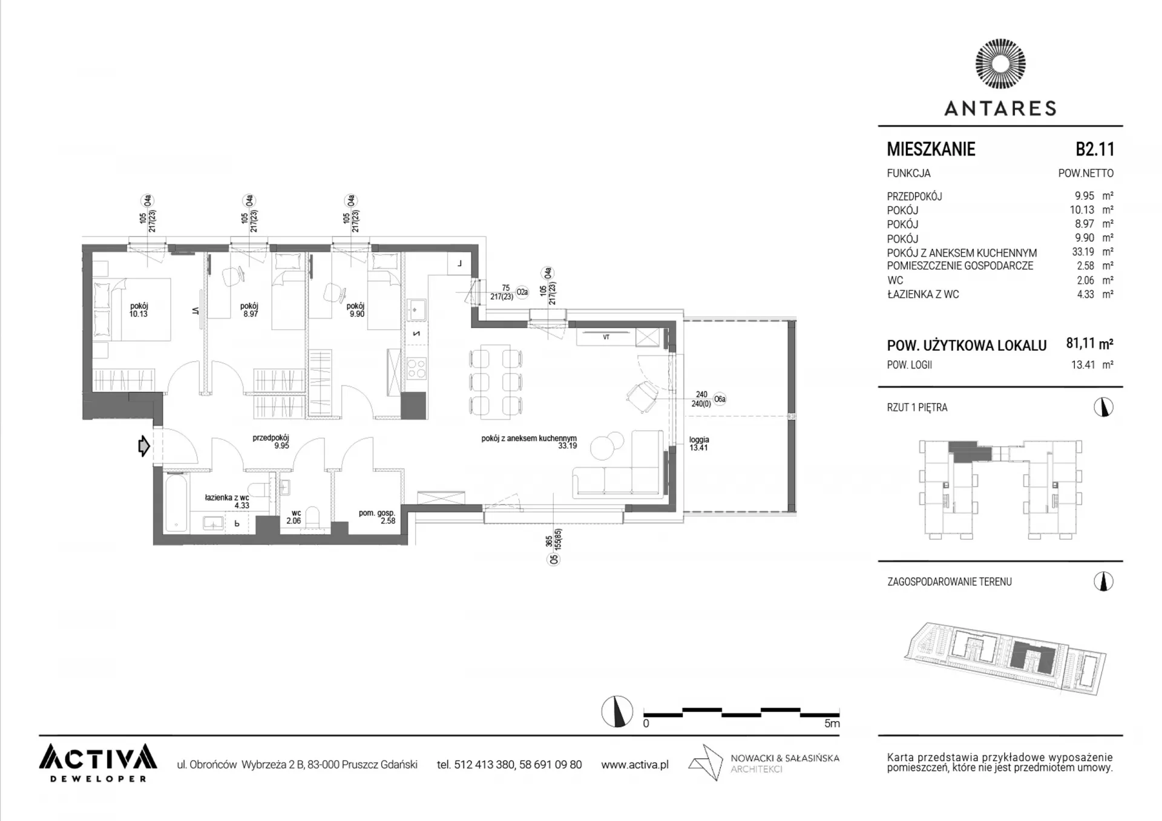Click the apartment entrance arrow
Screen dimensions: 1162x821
coord(144,446)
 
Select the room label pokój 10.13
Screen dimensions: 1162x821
coord(139,310)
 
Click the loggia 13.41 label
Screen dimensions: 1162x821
coord(698,443)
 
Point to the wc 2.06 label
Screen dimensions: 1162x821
coord(294,517)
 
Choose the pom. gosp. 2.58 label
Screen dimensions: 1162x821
coord(377,517)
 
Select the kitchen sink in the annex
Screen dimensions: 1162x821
coord(416,310)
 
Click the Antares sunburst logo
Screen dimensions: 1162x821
coord(1000,65)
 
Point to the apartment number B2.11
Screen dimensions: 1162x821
coord(1095,149)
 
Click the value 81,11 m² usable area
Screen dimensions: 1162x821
coord(1089,344)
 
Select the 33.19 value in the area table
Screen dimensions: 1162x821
coord(1083,252)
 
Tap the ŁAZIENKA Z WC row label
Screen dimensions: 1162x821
coord(923,294)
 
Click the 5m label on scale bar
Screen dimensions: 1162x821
coord(832,723)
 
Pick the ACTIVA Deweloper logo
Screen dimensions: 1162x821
coord(98,762)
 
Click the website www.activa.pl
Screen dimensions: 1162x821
coord(635,765)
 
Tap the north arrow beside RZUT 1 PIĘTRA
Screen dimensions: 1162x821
coord(1103,407)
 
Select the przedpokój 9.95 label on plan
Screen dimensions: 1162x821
coord(271,442)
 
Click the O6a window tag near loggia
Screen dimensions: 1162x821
coord(719,399)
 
